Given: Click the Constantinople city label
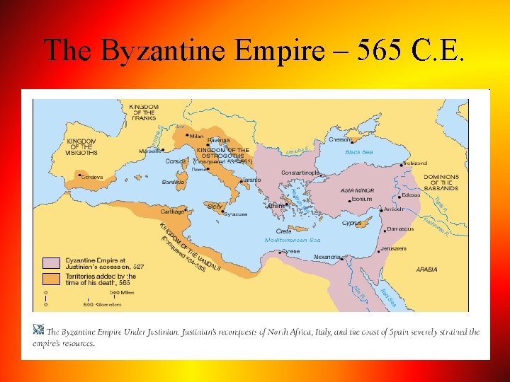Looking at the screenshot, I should [x=300, y=172].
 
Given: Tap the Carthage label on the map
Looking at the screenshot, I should [x=172, y=212].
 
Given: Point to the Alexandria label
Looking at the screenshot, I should [x=327, y=256].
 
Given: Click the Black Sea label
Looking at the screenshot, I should [x=358, y=152].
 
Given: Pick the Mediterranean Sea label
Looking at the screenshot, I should [x=293, y=241].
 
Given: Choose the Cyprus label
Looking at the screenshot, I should [x=352, y=223].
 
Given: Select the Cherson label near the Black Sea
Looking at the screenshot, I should [x=340, y=139].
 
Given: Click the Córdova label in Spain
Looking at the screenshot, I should [x=90, y=177].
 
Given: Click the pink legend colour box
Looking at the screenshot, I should [x=51, y=262].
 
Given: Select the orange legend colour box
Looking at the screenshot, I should [x=51, y=278].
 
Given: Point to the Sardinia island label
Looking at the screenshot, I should [x=174, y=182].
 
